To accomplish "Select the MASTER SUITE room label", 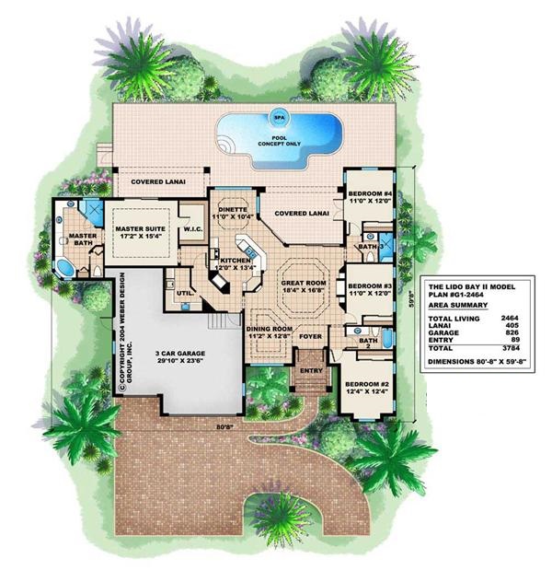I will point(141,227).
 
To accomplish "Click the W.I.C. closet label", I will point(193,229).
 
